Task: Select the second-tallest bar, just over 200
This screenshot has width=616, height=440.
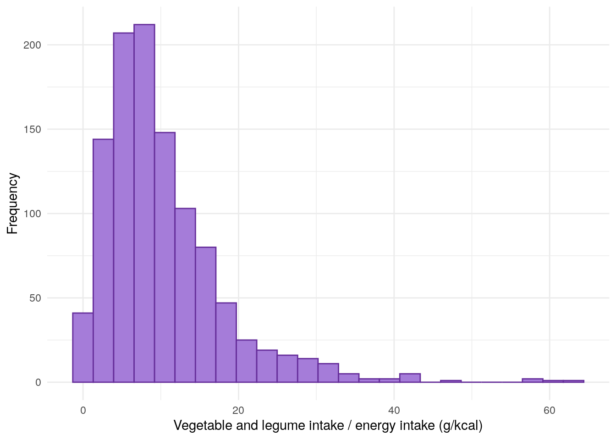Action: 124,206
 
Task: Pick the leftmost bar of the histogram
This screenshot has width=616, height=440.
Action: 83,347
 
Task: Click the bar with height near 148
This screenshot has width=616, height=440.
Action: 165,257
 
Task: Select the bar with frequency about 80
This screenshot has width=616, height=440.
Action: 205,314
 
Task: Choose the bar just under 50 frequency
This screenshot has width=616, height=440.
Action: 226,342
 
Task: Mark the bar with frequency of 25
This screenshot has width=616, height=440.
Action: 247,361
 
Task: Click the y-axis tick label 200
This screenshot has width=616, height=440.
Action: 32,45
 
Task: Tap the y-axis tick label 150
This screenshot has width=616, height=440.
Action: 32,129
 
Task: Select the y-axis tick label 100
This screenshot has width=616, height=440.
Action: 32,214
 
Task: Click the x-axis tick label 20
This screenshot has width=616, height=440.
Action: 238,410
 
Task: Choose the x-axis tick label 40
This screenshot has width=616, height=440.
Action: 394,410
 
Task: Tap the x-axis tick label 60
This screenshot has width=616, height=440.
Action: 549,410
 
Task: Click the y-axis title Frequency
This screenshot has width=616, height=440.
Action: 12,203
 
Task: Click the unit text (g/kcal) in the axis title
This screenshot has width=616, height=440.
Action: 460,426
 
